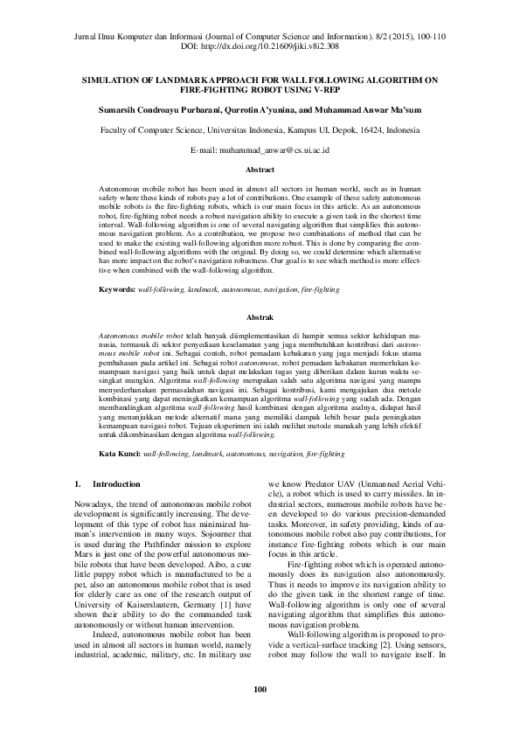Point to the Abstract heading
click(260, 170)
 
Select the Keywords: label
click(117, 288)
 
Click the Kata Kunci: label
click(121, 455)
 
